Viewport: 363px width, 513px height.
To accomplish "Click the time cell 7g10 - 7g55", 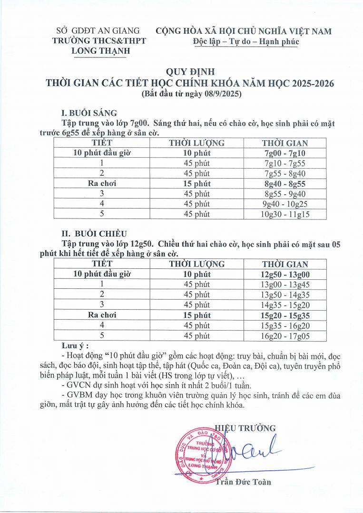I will [285, 163].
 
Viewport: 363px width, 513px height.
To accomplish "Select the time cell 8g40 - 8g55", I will [285, 183].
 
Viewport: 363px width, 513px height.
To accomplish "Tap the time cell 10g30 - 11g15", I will [285, 214].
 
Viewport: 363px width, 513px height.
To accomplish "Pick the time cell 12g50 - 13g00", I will [285, 275].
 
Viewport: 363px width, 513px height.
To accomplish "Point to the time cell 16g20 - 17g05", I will [285, 336].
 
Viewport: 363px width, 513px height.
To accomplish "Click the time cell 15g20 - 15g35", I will [285, 315].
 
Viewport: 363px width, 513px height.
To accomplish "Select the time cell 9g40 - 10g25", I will [285, 204].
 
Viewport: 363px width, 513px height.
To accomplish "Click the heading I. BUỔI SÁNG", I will [89, 113].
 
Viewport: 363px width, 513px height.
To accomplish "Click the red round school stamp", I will [200, 454].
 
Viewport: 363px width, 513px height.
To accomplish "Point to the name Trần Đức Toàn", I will [243, 482].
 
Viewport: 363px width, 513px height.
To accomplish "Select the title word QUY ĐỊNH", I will [190, 72].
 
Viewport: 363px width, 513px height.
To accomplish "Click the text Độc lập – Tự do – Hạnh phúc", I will [245, 41].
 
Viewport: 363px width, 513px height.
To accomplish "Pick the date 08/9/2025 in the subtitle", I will [221, 95].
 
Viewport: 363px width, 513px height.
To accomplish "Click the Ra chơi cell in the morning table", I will [102, 183].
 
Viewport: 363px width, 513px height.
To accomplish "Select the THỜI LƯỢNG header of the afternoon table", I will [197, 264].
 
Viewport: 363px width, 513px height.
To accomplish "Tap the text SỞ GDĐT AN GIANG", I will [98, 31].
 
